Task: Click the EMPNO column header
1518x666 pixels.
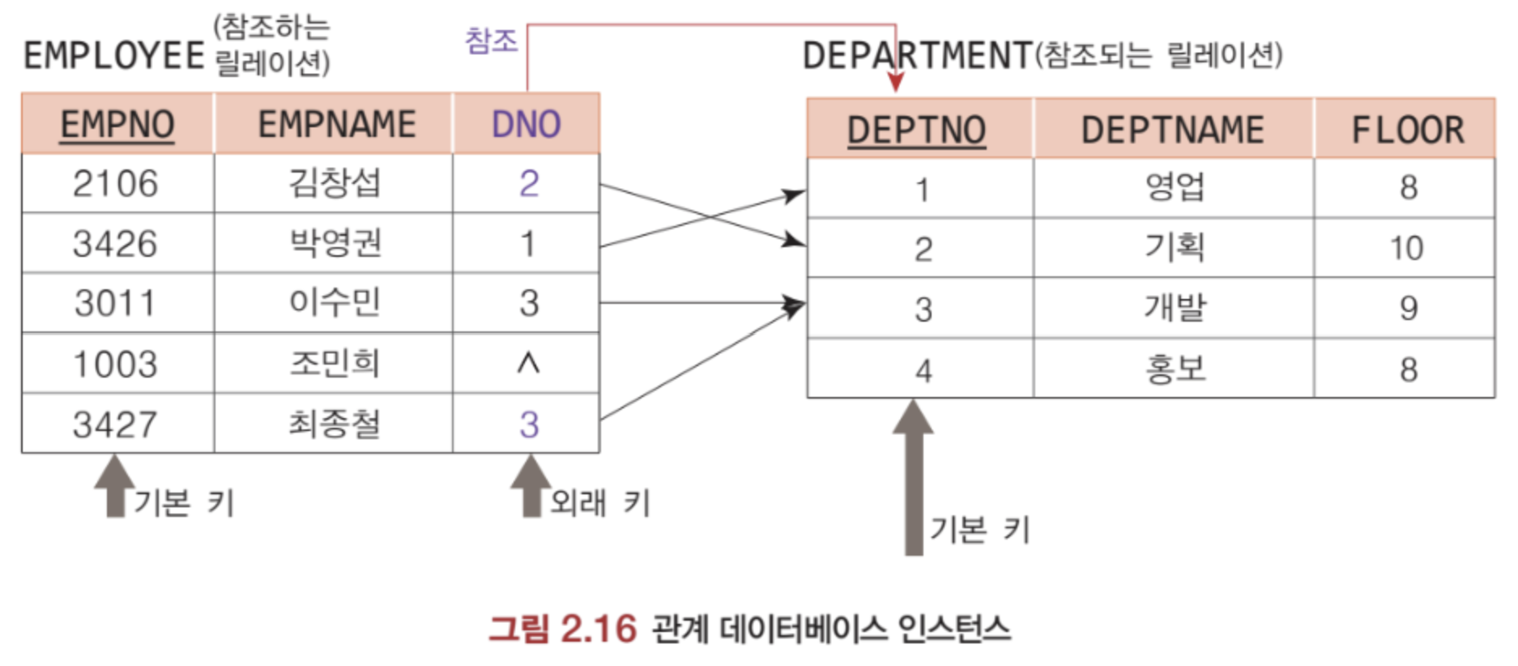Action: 117,125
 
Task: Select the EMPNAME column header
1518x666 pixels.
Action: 336,125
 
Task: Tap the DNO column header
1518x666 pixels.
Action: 527,125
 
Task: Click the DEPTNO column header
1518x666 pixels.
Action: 916,130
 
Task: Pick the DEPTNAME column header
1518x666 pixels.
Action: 1172,130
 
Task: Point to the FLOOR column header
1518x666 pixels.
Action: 1407,130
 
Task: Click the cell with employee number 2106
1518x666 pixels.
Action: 115,184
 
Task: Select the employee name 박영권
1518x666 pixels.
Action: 335,243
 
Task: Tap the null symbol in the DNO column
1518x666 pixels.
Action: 528,364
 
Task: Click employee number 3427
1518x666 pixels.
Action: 115,425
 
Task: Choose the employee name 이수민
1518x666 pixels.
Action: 335,303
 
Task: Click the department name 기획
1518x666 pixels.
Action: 1174,247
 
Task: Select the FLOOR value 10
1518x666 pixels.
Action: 1406,248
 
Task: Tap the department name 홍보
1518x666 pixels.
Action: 1174,369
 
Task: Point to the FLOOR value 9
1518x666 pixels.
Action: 1408,308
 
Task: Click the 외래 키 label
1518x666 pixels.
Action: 599,503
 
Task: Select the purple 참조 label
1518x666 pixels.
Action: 491,41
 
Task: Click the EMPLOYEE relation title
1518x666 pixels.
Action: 113,56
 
